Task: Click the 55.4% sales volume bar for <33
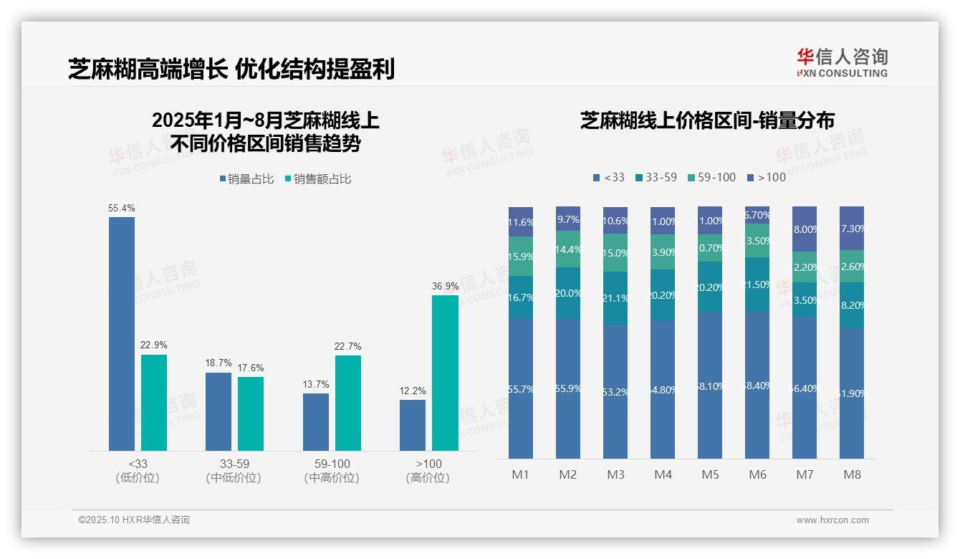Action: click(x=122, y=333)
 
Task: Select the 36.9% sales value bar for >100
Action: click(x=445, y=373)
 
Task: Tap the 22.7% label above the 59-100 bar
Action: click(x=347, y=347)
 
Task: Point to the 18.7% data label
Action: click(x=219, y=364)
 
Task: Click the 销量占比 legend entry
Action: click(x=246, y=179)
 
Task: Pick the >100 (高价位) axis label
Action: click(x=428, y=471)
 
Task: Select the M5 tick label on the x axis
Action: click(x=710, y=474)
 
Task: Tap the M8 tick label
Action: click(x=852, y=474)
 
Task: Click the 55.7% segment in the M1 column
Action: click(x=521, y=388)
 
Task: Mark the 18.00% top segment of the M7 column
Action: click(x=805, y=229)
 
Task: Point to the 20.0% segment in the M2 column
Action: click(x=568, y=293)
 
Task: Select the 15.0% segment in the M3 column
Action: click(x=615, y=253)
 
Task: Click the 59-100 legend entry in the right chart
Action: click(x=711, y=178)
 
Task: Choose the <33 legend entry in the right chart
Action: click(x=608, y=178)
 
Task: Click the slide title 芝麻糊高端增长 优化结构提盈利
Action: click(x=231, y=70)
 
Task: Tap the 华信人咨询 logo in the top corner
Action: click(x=842, y=62)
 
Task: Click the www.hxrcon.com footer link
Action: click(x=832, y=520)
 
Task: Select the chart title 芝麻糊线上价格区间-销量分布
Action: click(x=707, y=120)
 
